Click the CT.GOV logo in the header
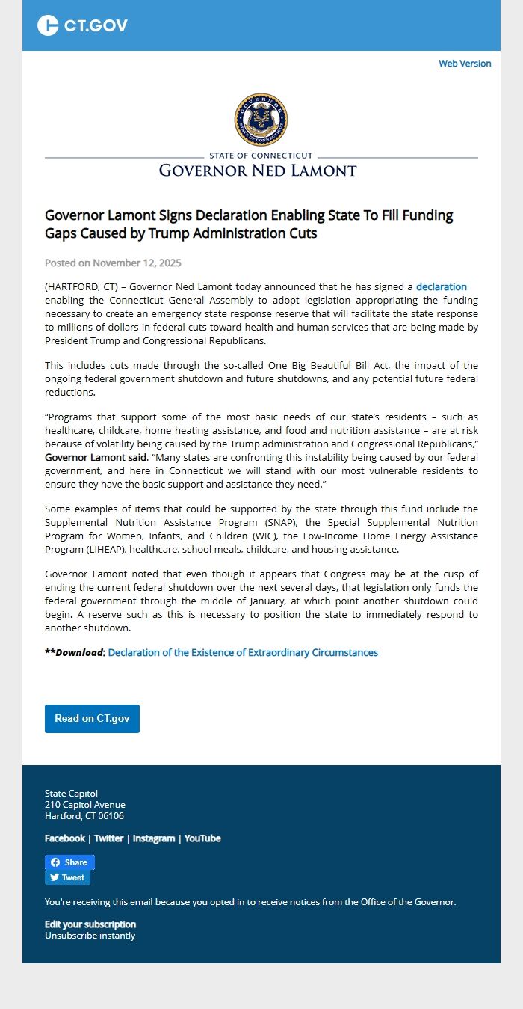coord(82,25)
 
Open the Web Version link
coord(465,64)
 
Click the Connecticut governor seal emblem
coord(261,120)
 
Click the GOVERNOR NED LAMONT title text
coord(258,171)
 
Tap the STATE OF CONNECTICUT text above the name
coord(261,156)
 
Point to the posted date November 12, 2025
coord(113,263)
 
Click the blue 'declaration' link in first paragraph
coord(441,286)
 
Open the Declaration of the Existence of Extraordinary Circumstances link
coord(243,652)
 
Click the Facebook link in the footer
coord(65,838)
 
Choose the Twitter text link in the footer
coord(108,838)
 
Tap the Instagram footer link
coord(154,838)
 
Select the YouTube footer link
coord(202,838)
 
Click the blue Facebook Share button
coord(69,862)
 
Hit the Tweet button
coord(67,877)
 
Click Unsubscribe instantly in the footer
coord(90,935)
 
